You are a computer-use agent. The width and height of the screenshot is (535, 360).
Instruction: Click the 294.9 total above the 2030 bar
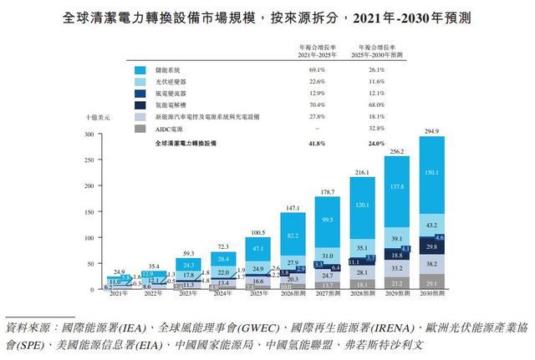[x=432, y=131]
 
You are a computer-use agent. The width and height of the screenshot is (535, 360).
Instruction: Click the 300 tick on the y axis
[x=86, y=134]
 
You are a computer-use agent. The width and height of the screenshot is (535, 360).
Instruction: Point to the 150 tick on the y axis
[x=86, y=212]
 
